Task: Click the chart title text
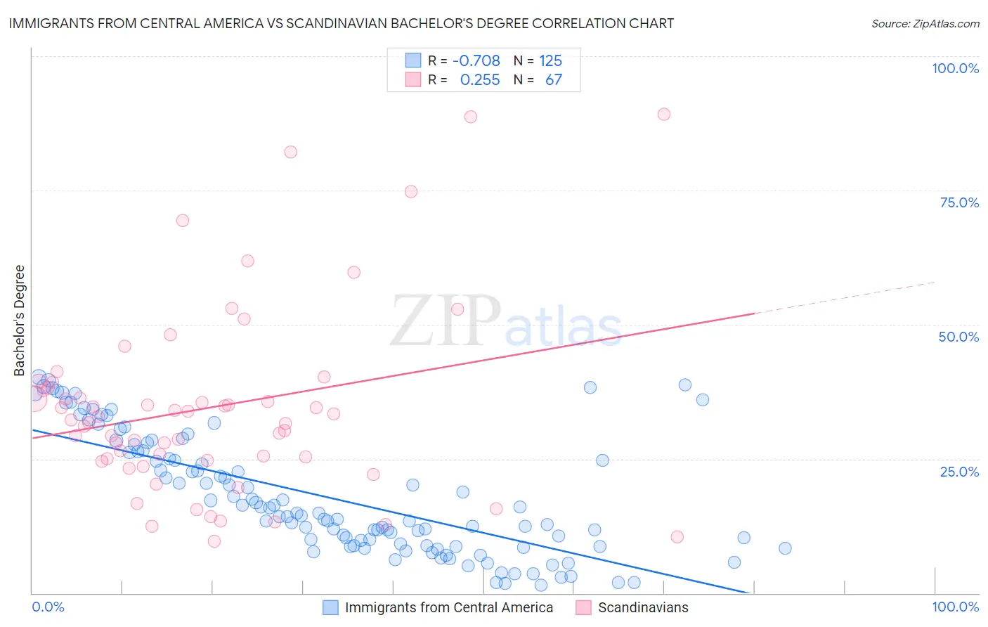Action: click(341, 23)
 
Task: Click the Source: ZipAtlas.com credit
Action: click(925, 23)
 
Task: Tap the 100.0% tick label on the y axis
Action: click(955, 68)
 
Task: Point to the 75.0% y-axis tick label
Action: click(959, 202)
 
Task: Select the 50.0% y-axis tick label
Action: click(958, 337)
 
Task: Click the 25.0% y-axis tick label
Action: click(959, 471)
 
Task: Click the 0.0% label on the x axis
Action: click(48, 607)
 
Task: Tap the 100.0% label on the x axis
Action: click(955, 607)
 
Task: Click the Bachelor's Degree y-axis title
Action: click(20, 320)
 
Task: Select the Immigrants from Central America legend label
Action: click(448, 607)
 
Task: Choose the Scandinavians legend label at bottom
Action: click(642, 607)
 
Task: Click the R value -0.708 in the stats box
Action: click(476, 61)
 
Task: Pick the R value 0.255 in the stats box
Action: click(480, 80)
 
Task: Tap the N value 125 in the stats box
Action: click(550, 61)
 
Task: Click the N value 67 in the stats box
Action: click(553, 80)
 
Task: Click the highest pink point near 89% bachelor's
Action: click(663, 114)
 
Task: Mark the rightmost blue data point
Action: click(785, 548)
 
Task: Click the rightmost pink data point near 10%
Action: click(677, 537)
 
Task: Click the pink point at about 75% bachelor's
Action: click(411, 192)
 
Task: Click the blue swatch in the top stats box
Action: click(412, 60)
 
